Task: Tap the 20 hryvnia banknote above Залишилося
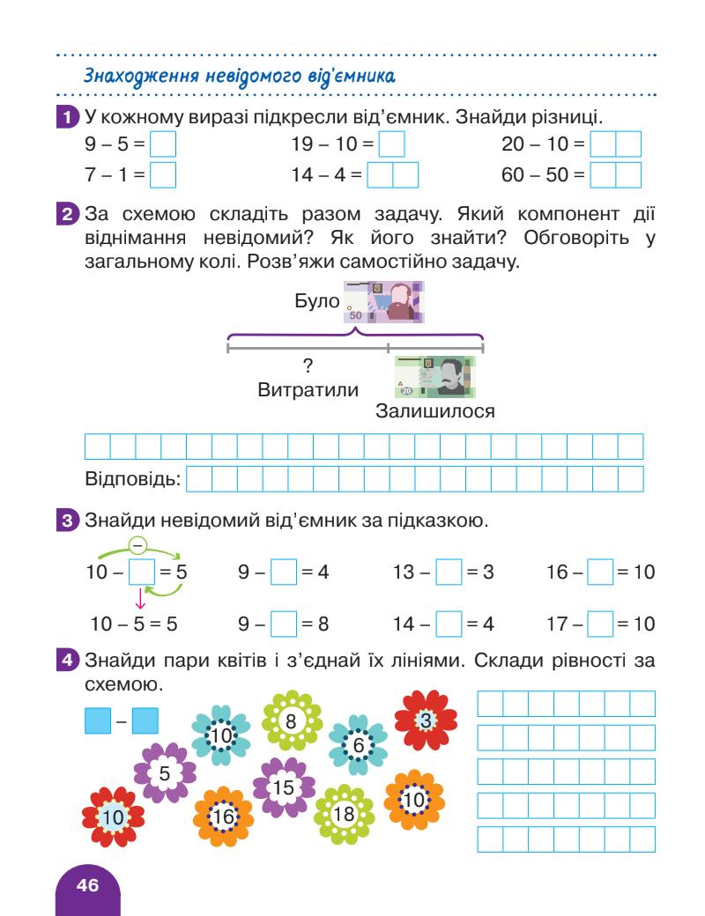[435, 377]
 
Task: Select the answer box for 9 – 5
[164, 144]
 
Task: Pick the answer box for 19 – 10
[391, 144]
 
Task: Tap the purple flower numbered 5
[164, 773]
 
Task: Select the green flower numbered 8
[293, 721]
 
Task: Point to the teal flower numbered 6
[358, 745]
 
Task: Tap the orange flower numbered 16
[224, 817]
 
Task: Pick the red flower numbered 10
[112, 817]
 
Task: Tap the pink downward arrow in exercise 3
[139, 601]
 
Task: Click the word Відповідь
[131, 480]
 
